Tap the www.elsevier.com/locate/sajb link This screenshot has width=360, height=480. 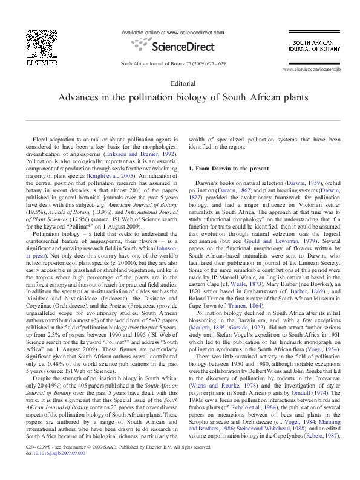309,71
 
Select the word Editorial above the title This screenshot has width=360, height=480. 180,83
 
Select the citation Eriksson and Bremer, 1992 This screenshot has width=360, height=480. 140,154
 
